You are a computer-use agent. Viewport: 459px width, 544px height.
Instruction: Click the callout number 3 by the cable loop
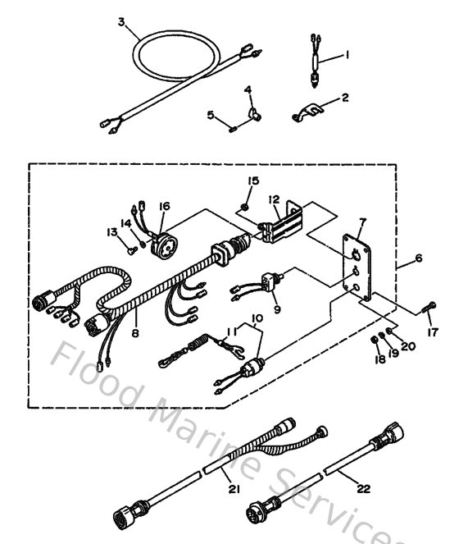point(122,23)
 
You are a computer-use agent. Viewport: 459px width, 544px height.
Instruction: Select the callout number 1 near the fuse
point(346,55)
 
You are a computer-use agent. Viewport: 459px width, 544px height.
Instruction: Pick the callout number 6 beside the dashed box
point(418,258)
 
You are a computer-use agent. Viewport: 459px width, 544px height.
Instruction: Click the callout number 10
point(257,317)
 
